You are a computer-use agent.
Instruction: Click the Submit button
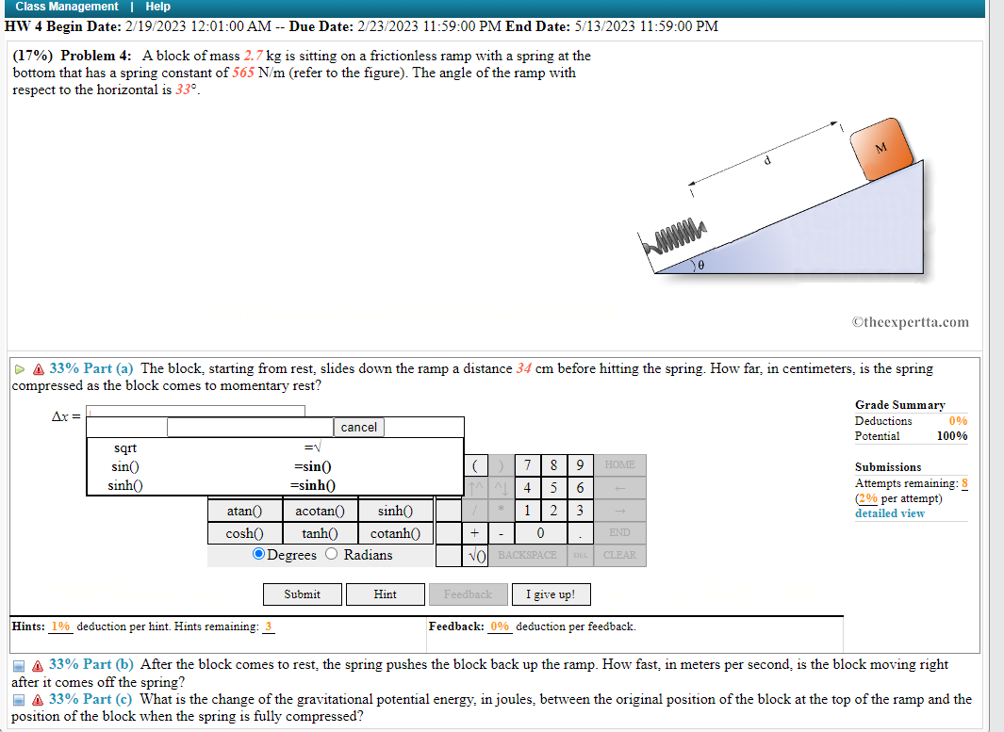tap(302, 594)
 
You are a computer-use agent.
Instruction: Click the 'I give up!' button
tap(551, 594)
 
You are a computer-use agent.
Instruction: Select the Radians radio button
tap(331, 555)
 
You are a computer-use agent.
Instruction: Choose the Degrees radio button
tap(258, 555)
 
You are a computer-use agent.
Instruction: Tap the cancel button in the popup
tap(358, 428)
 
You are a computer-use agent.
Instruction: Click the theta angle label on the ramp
tap(701, 267)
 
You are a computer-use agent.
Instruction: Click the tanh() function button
tap(321, 533)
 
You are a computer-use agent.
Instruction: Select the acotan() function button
tap(321, 511)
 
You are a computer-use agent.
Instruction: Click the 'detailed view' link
tap(889, 513)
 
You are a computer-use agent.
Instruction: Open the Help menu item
tap(157, 7)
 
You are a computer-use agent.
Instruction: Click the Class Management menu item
tap(67, 7)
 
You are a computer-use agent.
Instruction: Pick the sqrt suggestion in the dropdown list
tap(125, 448)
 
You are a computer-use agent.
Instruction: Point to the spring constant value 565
tap(242, 73)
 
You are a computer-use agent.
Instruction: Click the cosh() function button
tap(242, 533)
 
